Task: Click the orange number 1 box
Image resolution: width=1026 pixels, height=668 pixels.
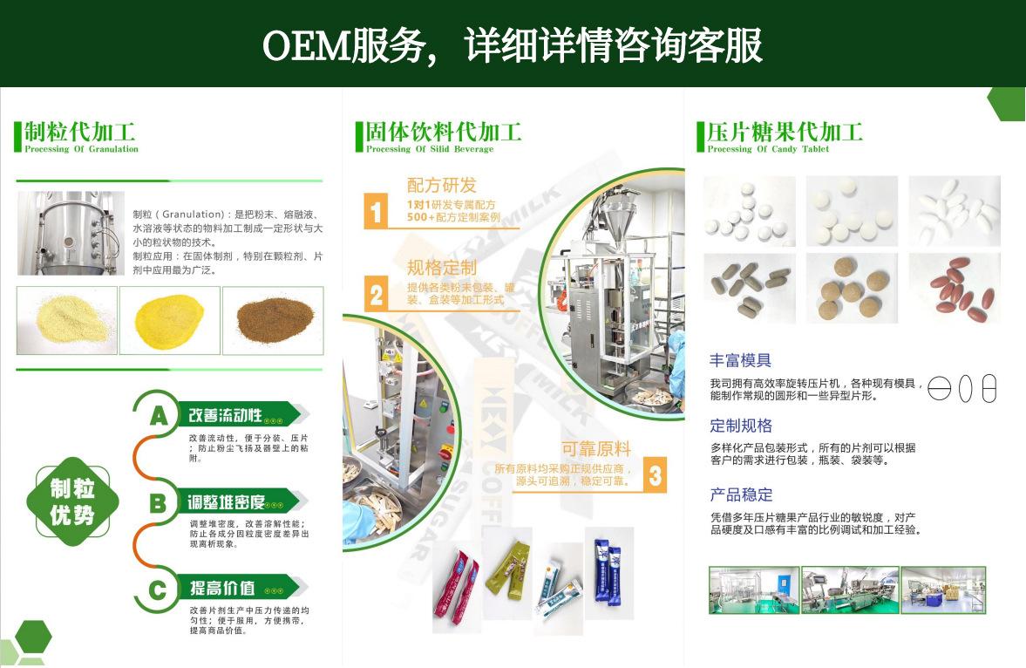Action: click(376, 211)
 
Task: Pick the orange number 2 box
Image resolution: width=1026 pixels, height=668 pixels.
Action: click(376, 294)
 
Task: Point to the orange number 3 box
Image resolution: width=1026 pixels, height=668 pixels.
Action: click(656, 475)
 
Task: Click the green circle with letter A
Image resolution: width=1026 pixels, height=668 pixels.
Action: click(158, 415)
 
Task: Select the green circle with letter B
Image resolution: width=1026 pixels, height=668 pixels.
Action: click(158, 503)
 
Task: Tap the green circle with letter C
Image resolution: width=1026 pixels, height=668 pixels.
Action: click(158, 590)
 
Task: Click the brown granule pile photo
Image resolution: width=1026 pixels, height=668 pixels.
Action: click(273, 320)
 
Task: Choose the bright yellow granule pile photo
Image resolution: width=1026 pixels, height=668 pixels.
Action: click(170, 320)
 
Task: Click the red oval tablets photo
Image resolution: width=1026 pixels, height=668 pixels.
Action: click(955, 288)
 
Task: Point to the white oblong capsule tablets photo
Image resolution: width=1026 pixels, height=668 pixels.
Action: click(955, 210)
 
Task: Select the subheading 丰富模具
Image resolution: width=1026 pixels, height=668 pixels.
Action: click(741, 360)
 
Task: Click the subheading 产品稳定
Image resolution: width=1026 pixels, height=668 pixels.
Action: click(741, 494)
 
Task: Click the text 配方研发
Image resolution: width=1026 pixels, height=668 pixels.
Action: click(442, 185)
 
